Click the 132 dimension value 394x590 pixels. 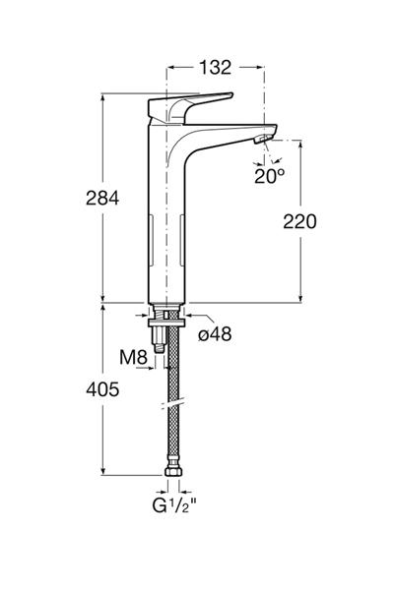215,67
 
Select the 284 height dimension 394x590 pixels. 102,198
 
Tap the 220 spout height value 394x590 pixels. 299,221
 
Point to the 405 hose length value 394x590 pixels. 102,389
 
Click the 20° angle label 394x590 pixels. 269,176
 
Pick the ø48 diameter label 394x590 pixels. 215,334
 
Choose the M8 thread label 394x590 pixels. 133,357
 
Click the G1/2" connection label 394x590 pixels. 174,505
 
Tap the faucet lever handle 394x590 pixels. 188,107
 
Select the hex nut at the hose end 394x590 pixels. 173,471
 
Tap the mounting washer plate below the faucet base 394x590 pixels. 166,324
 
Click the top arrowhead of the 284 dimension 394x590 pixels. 102,97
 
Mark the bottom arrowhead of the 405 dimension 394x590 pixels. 102,471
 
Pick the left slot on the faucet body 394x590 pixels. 152,240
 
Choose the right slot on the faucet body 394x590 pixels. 181,240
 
